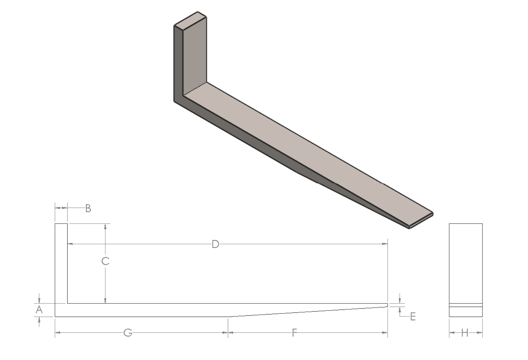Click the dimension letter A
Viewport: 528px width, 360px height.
click(x=39, y=310)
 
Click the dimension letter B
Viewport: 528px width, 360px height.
click(x=88, y=208)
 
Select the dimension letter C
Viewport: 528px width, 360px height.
click(x=105, y=261)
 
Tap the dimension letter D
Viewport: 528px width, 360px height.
click(x=216, y=244)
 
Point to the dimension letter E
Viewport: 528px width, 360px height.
click(x=413, y=317)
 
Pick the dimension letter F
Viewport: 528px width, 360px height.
click(x=294, y=333)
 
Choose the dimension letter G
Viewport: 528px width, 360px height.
click(x=128, y=333)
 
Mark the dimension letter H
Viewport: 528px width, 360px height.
click(x=465, y=333)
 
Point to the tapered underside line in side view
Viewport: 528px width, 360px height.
click(x=307, y=312)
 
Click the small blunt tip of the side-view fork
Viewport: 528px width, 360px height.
click(x=387, y=305)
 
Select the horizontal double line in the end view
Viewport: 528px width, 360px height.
click(x=466, y=305)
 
